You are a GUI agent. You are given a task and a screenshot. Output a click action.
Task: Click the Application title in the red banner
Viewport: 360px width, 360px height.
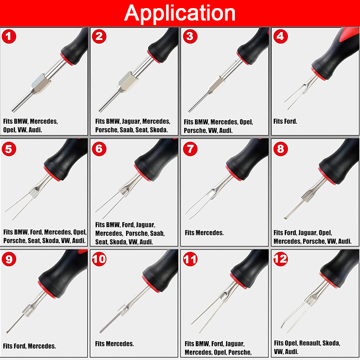point(180,13)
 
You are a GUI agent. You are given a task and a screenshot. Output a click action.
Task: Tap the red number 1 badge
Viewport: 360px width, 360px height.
point(9,36)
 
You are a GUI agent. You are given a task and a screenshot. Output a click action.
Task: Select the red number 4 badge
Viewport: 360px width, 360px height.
point(280,36)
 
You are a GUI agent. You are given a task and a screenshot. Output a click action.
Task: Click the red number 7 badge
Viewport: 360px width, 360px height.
point(190,149)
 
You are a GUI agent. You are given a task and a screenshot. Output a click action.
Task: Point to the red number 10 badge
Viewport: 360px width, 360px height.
point(99,259)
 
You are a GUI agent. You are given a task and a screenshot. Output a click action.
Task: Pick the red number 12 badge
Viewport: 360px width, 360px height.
point(280,259)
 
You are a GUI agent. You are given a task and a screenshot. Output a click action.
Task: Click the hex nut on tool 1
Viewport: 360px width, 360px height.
point(41,84)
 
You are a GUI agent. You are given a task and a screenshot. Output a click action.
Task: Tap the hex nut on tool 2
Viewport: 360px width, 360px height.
point(128,82)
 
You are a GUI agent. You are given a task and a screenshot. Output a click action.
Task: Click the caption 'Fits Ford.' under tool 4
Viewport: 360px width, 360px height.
point(285,121)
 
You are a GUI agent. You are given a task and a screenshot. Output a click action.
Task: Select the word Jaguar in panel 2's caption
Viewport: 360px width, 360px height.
point(131,121)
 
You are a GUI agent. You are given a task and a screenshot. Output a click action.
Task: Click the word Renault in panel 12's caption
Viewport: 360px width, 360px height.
point(310,343)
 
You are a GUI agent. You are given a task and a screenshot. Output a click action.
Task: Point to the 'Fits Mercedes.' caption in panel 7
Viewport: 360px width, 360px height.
point(204,233)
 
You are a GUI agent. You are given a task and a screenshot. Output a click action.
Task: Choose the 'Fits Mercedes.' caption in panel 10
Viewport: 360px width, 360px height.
point(114,344)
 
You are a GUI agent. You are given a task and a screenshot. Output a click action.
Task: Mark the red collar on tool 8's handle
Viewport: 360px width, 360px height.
point(327,176)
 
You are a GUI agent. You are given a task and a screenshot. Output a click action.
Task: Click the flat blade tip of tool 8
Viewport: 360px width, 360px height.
point(286,218)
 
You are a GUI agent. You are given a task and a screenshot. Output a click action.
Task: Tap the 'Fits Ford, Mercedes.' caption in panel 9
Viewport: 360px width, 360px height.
point(29,346)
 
